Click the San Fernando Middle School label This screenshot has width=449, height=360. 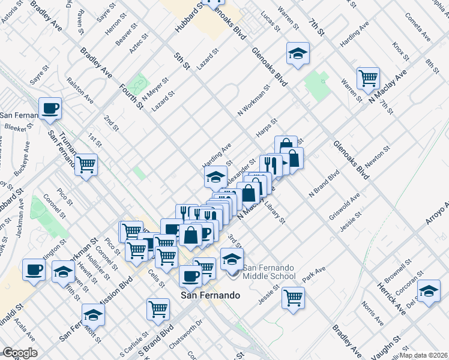[269, 272]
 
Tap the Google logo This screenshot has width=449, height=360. [20, 353]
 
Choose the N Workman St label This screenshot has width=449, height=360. [253, 100]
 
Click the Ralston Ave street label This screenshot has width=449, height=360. [80, 89]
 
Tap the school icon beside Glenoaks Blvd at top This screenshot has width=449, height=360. [298, 53]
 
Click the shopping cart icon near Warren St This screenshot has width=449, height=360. [368, 77]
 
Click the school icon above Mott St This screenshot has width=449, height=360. [94, 314]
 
